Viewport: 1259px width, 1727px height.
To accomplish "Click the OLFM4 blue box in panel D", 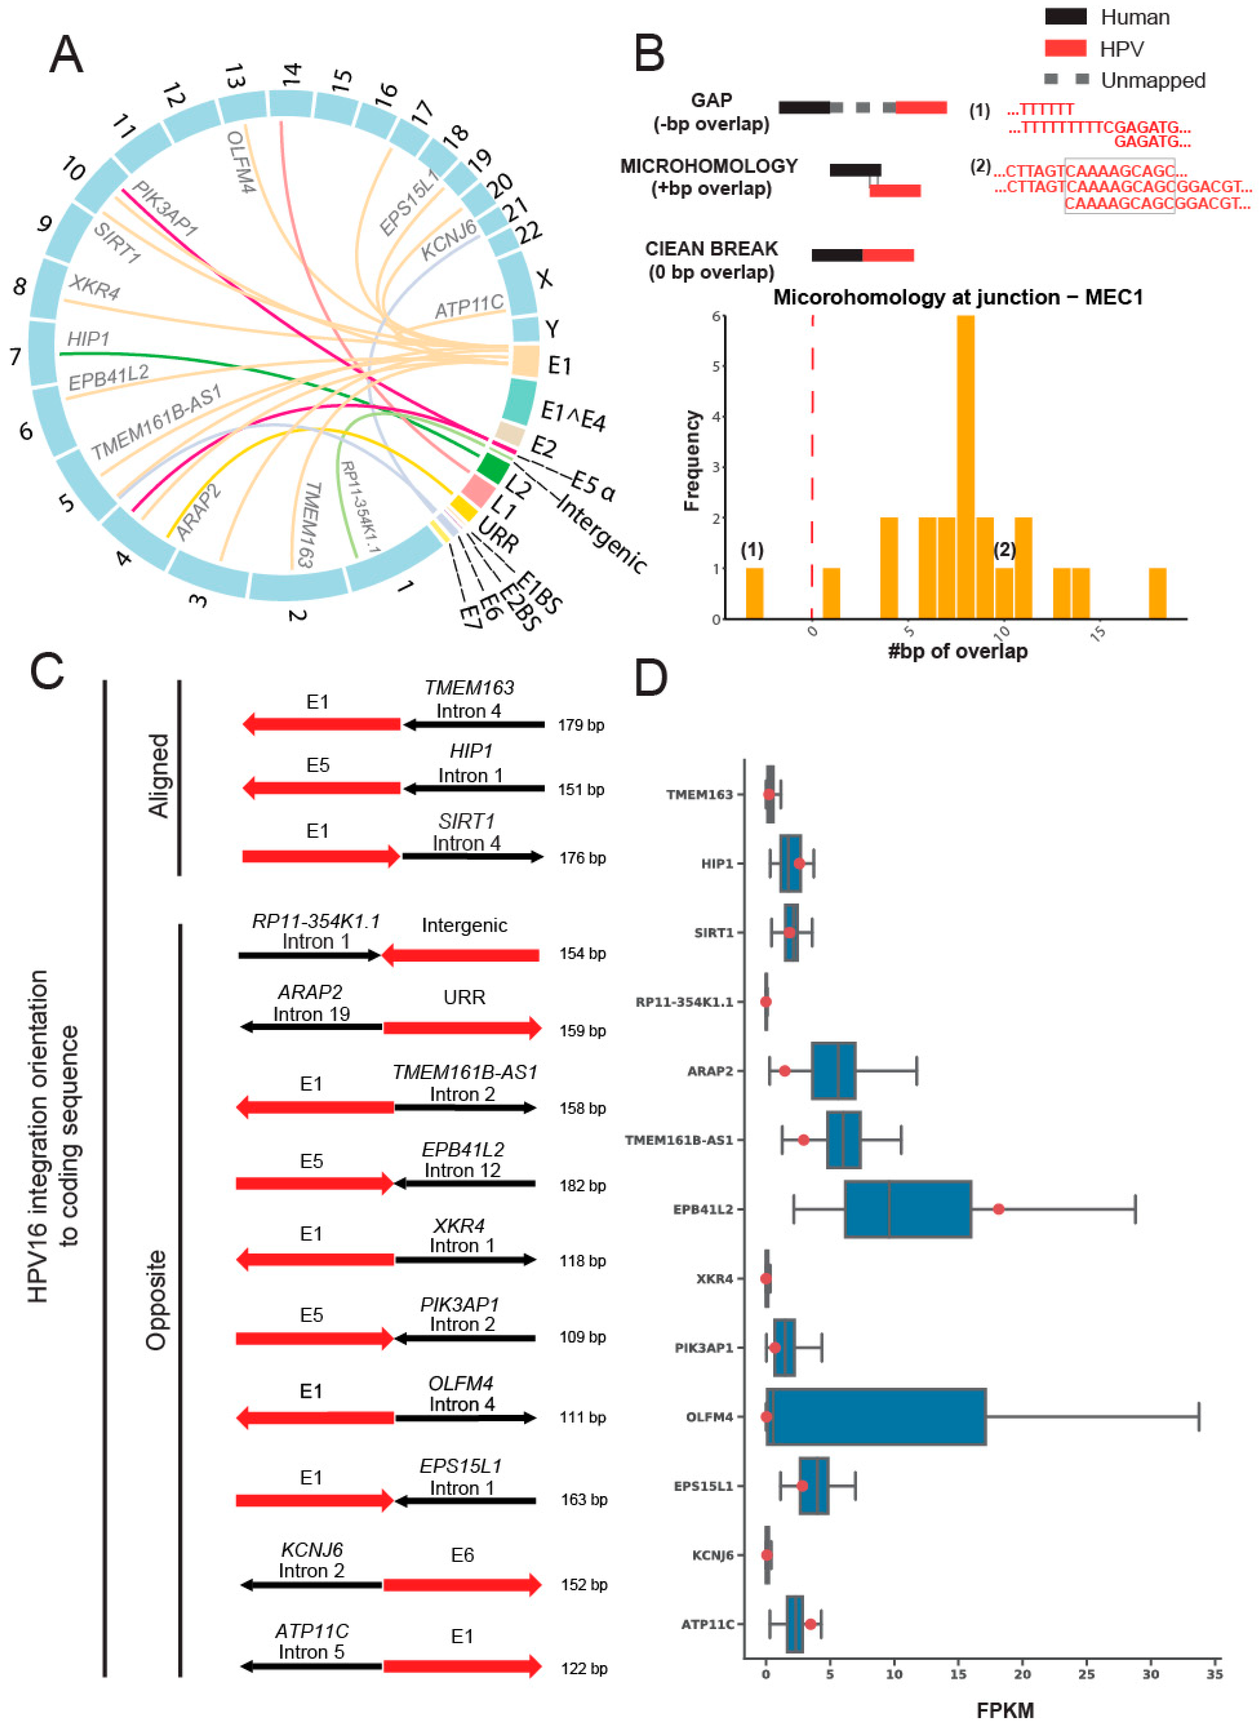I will (876, 1417).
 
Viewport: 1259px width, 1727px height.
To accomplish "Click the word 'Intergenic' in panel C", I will (464, 925).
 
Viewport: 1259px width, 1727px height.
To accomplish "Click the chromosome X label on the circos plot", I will (544, 279).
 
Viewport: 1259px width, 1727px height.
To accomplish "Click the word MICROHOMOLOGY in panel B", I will (709, 166).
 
